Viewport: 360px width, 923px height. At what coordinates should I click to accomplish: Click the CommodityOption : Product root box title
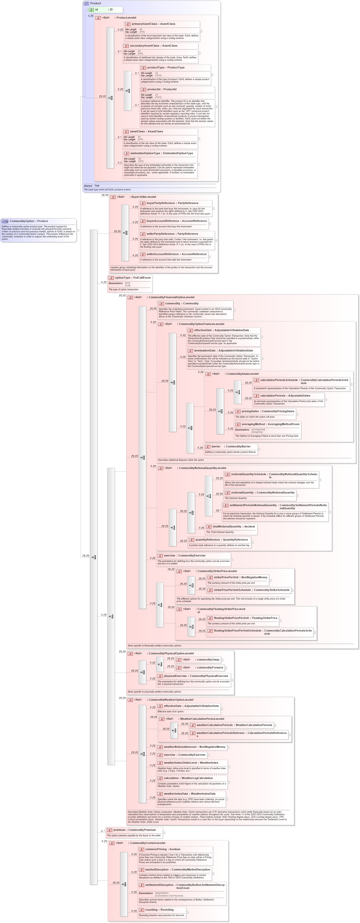(x=29, y=221)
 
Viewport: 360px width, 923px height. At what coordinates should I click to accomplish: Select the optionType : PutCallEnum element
(x=133, y=278)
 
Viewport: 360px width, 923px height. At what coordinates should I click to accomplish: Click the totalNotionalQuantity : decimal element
(x=234, y=526)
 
